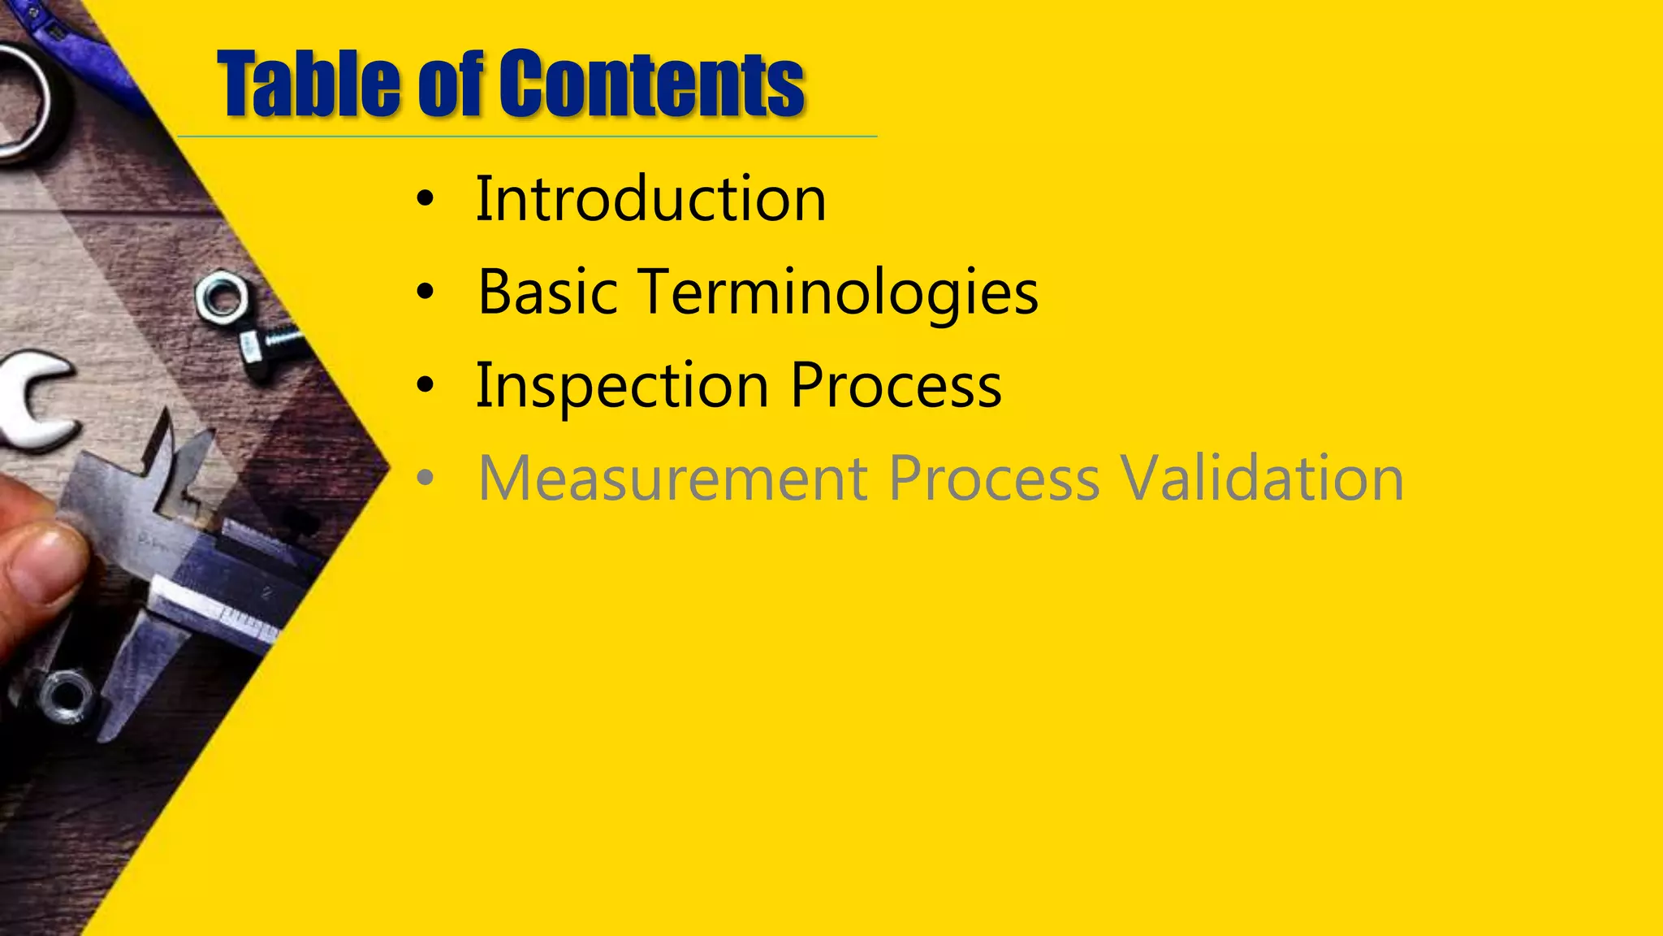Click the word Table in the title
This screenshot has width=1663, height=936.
point(309,84)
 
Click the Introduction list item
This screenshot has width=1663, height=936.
point(650,199)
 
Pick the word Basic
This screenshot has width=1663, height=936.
point(547,292)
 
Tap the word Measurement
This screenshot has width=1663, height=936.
point(672,479)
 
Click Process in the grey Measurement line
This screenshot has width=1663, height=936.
point(994,479)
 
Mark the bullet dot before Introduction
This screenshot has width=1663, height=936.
point(425,200)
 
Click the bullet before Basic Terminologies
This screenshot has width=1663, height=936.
point(425,293)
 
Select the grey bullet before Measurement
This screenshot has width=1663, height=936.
point(425,479)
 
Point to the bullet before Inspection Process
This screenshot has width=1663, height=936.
point(425,387)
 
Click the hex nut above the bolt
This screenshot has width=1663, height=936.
point(222,299)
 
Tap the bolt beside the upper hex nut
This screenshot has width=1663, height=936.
point(268,345)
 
